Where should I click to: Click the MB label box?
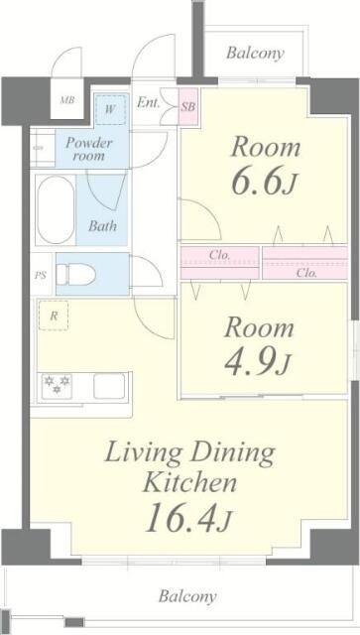67,101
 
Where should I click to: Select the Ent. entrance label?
149,101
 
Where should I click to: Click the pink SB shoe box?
187,103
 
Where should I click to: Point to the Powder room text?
89,150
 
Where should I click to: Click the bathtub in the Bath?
56,209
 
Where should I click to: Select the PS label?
41,275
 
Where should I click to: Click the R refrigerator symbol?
52,317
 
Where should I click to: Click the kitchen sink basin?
109,385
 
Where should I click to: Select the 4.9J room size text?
257,363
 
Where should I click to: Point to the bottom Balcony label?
186,596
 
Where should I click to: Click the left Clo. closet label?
219,255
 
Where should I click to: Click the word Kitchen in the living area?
189,483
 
